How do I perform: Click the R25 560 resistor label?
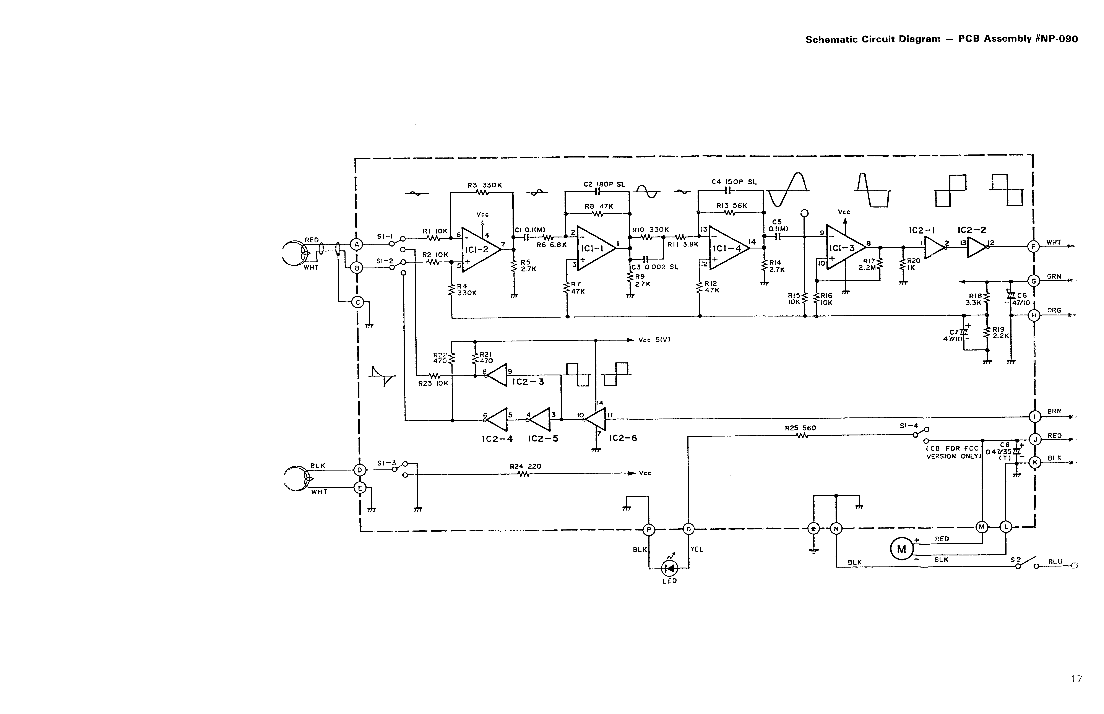tap(800, 428)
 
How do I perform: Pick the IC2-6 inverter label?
tap(623, 438)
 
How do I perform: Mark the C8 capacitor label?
tap(1004, 445)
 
